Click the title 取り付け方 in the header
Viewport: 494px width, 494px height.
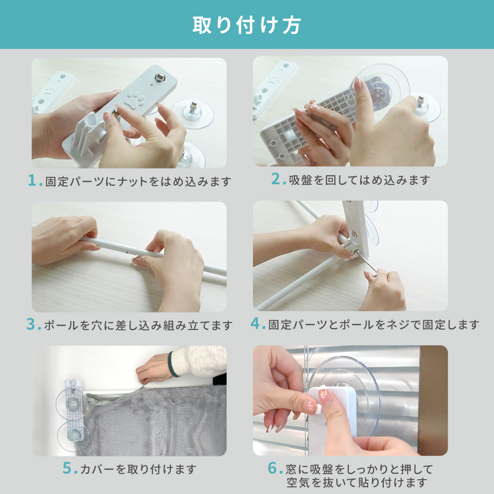pyautogui.click(x=247, y=25)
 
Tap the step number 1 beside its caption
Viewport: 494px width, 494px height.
pyautogui.click(x=33, y=181)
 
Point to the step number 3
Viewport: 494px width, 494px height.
pyautogui.click(x=32, y=325)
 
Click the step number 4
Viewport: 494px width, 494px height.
pyautogui.click(x=255, y=324)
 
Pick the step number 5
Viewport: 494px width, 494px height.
pyautogui.click(x=68, y=468)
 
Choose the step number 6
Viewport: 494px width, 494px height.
pyautogui.click(x=272, y=468)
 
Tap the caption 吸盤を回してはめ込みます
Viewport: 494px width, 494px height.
pyautogui.click(x=359, y=180)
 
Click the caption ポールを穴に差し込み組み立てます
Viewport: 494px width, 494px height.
pyautogui.click(x=138, y=326)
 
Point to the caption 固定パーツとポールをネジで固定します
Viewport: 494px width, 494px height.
pyautogui.click(x=373, y=325)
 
